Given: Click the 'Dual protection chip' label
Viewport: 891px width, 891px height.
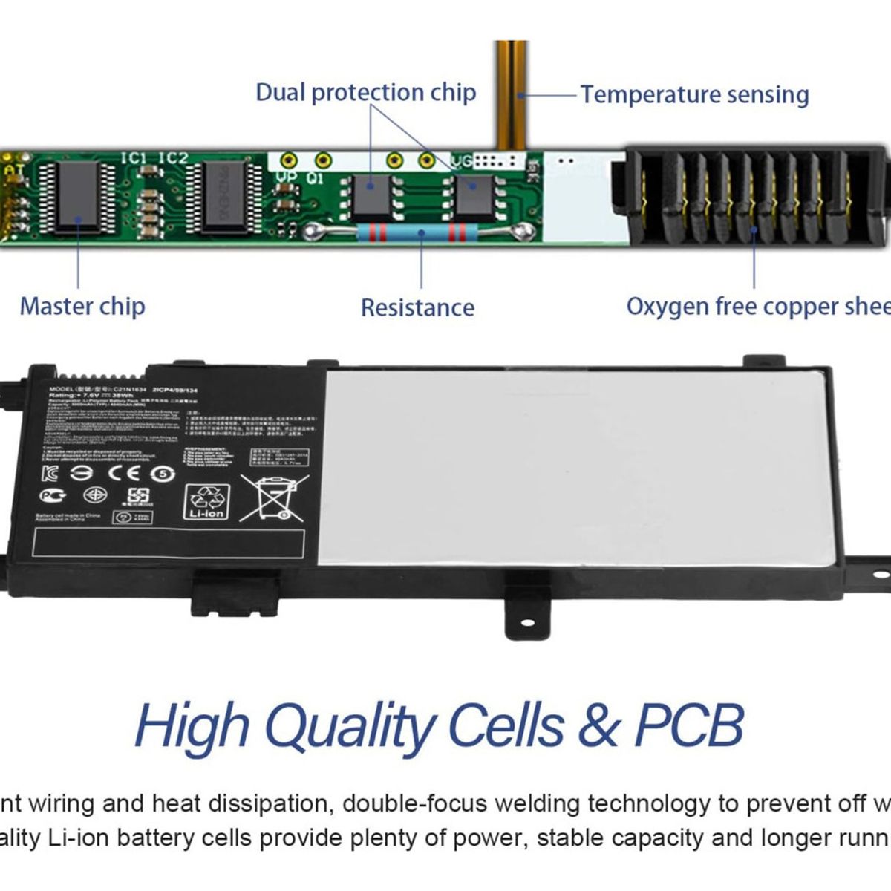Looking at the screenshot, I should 365,93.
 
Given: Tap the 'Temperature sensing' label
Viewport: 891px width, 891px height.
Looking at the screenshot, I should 694,95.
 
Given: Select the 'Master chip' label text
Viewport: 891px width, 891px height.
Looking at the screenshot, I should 82,306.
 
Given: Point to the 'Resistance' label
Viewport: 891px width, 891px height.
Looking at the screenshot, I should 417,307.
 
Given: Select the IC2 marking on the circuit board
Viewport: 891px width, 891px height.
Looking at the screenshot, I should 173,158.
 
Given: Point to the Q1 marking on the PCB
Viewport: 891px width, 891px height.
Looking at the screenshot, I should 314,178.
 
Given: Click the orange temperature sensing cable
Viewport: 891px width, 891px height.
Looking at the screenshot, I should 512,89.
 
